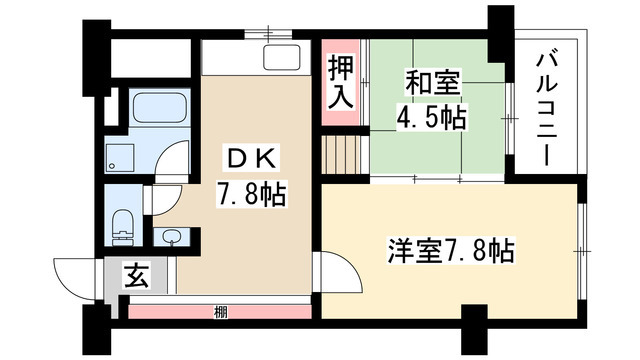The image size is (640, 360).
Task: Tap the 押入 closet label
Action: (341, 82)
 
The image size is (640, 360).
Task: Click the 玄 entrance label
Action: (134, 275)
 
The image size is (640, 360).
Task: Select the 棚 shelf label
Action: (219, 312)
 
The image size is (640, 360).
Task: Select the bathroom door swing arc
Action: (175, 160)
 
